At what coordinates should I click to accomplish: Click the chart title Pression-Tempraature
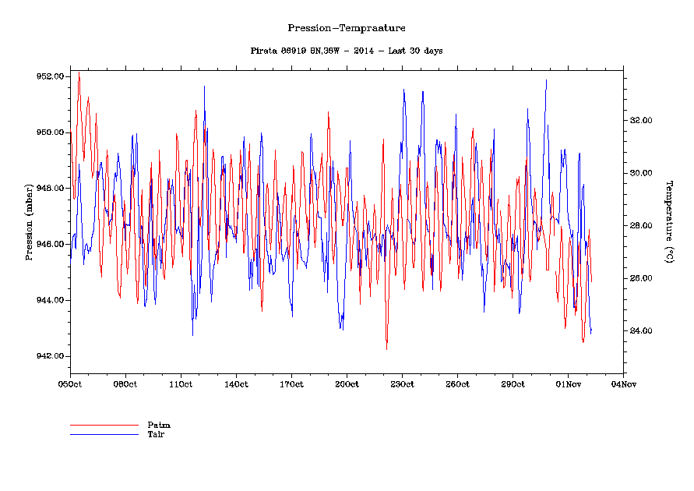tap(347, 28)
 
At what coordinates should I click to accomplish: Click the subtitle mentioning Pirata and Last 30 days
tap(347, 51)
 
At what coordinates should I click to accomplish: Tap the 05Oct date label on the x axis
tap(70, 384)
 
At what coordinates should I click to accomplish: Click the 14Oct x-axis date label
tap(236, 384)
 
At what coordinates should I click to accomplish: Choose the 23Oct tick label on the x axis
tap(402, 384)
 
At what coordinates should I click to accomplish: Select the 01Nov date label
tap(568, 384)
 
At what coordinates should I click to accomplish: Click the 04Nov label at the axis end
tap(623, 384)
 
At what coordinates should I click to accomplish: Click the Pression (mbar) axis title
tap(29, 221)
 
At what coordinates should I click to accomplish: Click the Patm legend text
tap(159, 425)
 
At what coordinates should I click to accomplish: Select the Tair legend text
tap(157, 433)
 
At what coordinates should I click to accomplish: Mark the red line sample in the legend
tap(104, 426)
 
